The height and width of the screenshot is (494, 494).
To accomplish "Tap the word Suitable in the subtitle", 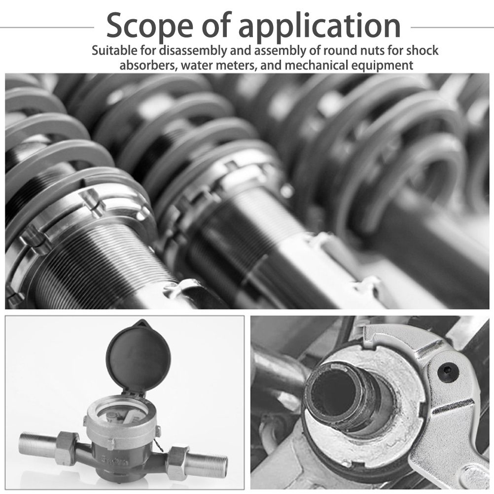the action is click(115, 50).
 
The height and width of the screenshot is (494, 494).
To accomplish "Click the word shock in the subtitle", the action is click(423, 50).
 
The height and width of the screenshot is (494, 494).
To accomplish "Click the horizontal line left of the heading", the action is click(47, 28).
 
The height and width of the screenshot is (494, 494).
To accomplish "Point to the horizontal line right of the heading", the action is click(452, 28).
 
